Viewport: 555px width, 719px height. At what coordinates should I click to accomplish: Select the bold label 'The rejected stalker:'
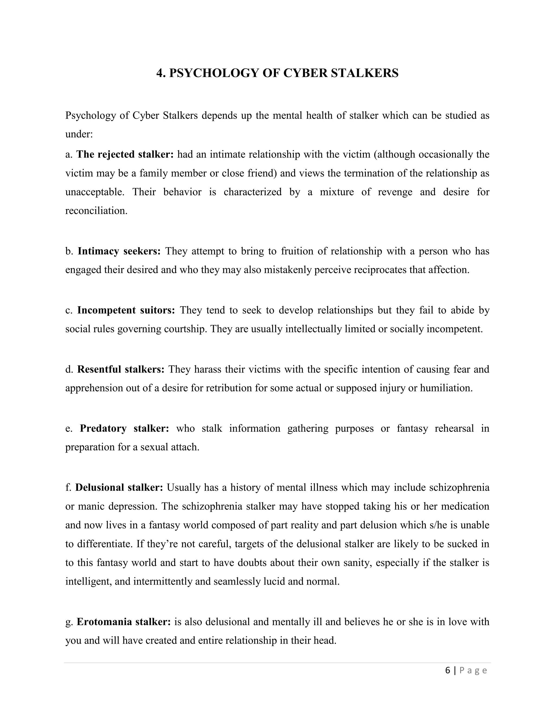tap(125, 154)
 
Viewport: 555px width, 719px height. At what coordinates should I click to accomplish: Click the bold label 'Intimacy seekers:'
tap(119, 251)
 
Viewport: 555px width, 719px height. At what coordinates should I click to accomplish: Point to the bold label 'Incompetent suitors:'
tap(126, 310)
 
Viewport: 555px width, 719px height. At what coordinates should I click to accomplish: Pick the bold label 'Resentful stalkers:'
tap(121, 369)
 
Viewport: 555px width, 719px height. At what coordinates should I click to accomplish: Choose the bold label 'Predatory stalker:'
tap(125, 428)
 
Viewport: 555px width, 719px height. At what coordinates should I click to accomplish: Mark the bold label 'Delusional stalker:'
tap(119, 487)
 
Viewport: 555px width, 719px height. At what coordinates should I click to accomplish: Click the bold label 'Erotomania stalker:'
tap(124, 622)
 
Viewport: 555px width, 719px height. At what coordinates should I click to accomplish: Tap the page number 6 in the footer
tap(447, 670)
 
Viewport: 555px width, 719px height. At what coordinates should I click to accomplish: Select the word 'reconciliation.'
tap(96, 211)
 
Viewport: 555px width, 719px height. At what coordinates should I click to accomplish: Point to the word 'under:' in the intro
tap(79, 134)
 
